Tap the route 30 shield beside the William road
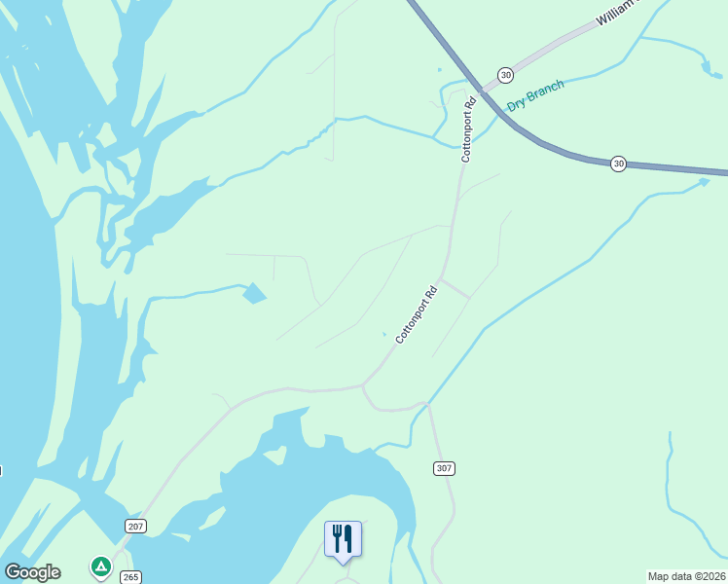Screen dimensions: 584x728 click(504, 75)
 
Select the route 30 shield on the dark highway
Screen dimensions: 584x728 click(618, 164)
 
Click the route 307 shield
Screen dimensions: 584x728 click(444, 469)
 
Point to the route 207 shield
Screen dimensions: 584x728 click(135, 527)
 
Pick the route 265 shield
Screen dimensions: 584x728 click(130, 576)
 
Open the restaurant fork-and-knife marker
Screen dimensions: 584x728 click(343, 539)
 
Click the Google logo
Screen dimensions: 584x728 click(32, 572)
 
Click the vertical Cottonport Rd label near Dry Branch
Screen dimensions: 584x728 click(469, 128)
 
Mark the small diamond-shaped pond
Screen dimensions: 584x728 click(254, 292)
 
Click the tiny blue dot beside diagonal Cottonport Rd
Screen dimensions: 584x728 click(384, 335)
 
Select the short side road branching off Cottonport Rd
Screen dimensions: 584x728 click(455, 288)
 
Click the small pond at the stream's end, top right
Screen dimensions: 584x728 click(706, 68)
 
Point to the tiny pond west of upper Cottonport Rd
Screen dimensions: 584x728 click(439, 70)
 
